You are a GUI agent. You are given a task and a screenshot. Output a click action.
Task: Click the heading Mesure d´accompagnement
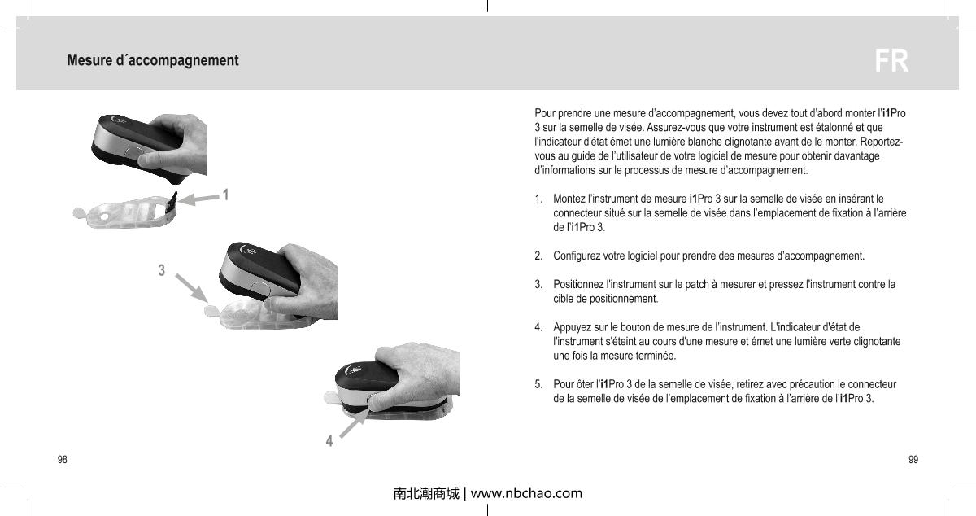tap(153, 61)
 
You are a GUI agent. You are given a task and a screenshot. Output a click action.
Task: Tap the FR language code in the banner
tap(891, 62)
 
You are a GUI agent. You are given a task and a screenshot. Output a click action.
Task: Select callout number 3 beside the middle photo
tap(162, 269)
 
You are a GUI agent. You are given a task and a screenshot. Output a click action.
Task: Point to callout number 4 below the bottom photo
tap(329, 441)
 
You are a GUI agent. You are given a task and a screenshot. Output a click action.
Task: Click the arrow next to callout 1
tap(198, 198)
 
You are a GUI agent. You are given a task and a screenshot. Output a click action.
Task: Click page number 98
tap(62, 460)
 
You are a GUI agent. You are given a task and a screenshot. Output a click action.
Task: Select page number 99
tap(913, 460)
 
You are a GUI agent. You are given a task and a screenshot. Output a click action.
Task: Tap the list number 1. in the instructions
tap(538, 199)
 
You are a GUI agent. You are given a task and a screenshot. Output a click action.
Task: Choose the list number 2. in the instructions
tap(538, 256)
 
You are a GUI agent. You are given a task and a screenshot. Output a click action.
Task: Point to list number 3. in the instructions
tap(538, 285)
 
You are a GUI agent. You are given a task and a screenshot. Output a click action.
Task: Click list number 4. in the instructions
tap(538, 328)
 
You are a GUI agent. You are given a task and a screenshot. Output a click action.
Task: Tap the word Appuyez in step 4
tap(573, 328)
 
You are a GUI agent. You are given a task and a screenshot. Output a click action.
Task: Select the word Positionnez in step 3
tap(579, 285)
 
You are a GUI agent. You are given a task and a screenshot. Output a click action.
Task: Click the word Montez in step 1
tap(569, 199)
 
